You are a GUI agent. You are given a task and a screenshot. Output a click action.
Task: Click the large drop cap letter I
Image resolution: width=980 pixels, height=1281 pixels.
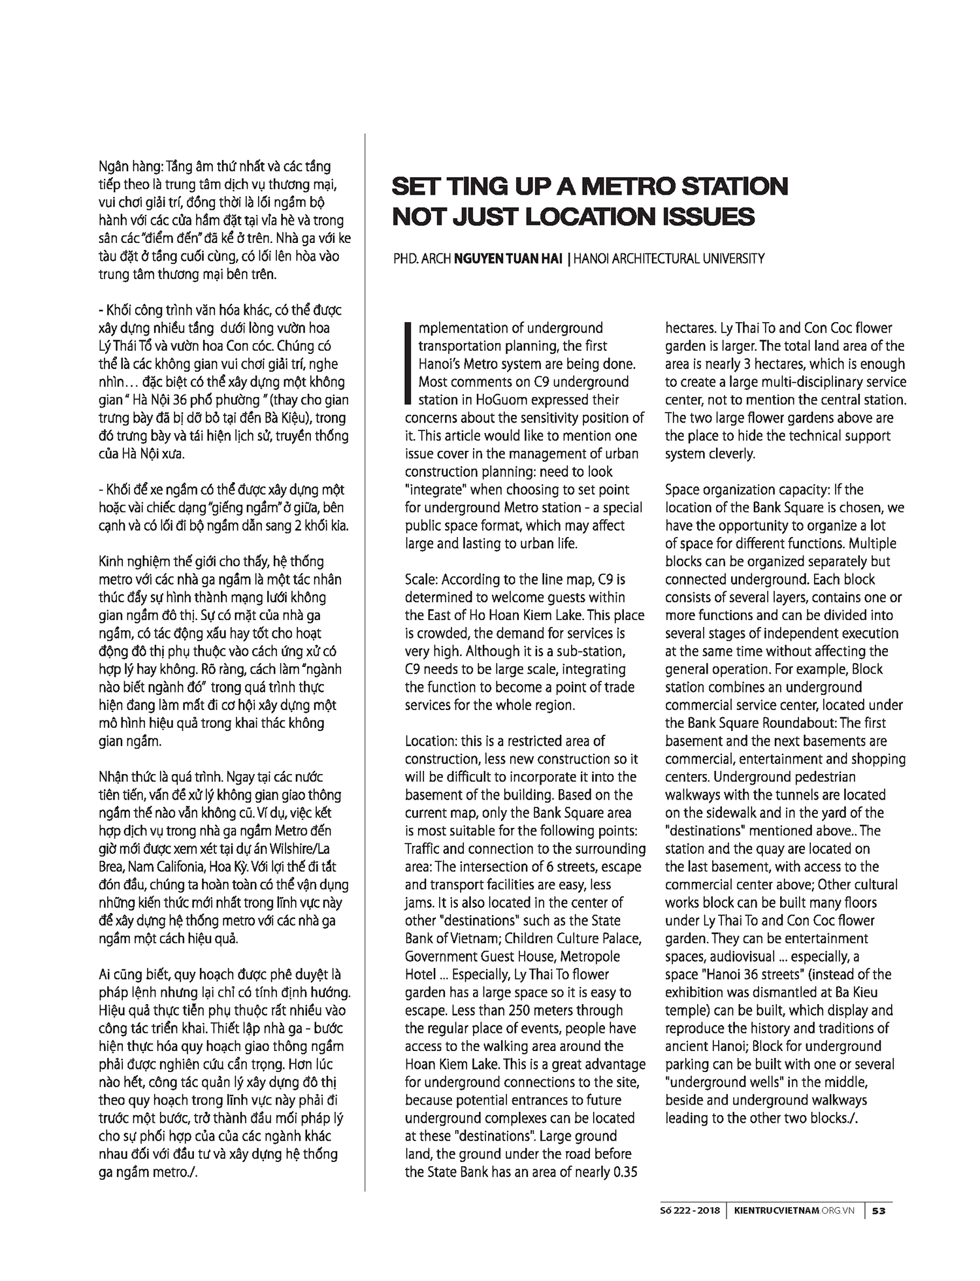click(x=409, y=363)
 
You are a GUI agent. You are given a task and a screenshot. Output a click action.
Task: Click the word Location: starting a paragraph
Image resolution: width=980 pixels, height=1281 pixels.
click(x=431, y=741)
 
